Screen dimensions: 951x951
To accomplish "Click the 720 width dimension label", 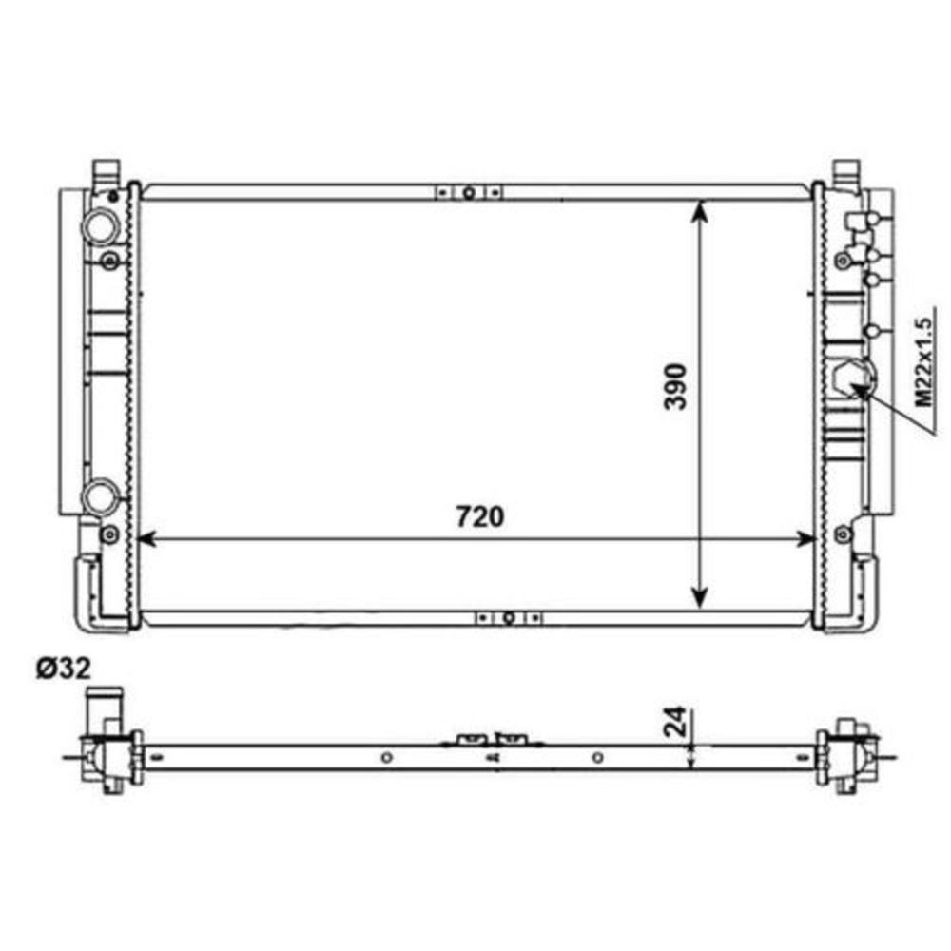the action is (479, 516).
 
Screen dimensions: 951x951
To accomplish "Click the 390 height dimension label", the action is (675, 386).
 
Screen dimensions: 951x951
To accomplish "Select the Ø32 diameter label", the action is (64, 668).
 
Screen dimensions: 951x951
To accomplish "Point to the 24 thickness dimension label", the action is (675, 721).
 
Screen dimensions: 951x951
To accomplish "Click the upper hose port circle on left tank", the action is (100, 226).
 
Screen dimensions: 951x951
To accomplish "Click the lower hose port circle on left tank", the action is (100, 496).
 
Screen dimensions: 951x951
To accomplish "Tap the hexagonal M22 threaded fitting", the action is (854, 380).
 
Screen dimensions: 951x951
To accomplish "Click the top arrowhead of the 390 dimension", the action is (699, 210).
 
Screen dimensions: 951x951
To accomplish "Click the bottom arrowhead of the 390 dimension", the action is (699, 597).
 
